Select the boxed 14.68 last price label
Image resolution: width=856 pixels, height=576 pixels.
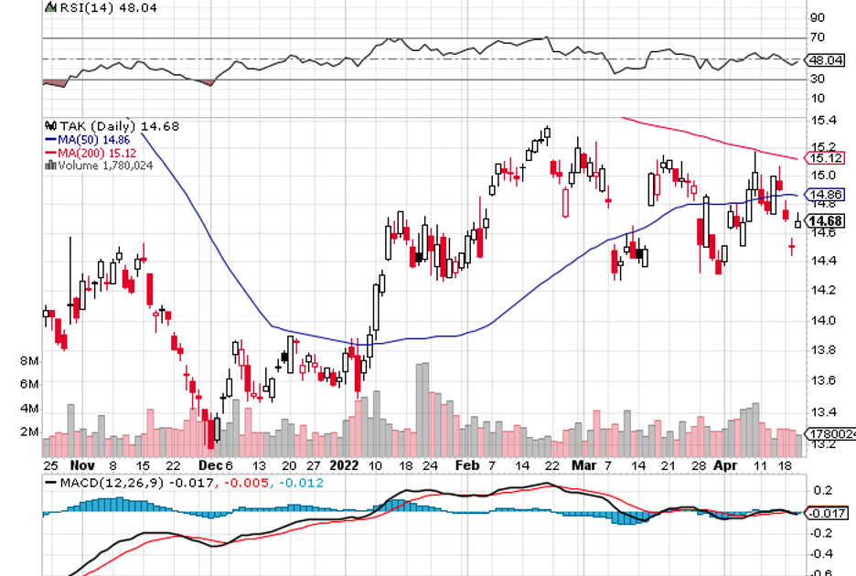click(x=828, y=220)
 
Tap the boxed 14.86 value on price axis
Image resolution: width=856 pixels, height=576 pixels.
click(x=828, y=195)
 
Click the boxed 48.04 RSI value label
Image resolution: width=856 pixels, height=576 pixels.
click(x=828, y=59)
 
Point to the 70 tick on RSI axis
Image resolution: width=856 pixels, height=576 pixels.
click(x=817, y=37)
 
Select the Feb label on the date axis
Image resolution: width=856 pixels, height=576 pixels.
click(x=465, y=464)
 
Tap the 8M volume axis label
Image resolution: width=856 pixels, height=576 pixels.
click(x=30, y=361)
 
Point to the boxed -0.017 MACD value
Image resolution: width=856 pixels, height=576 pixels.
click(x=827, y=513)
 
